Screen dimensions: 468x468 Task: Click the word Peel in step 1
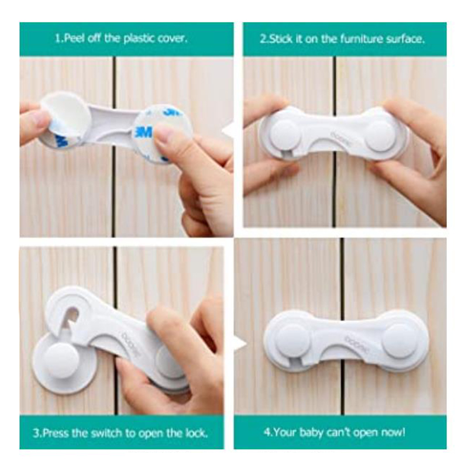[74, 39]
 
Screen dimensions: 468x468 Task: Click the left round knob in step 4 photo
[291, 339]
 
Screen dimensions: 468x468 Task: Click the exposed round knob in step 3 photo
[62, 361]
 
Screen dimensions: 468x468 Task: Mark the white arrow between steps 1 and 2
[228, 130]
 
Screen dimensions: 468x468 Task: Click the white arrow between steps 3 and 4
[240, 345]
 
